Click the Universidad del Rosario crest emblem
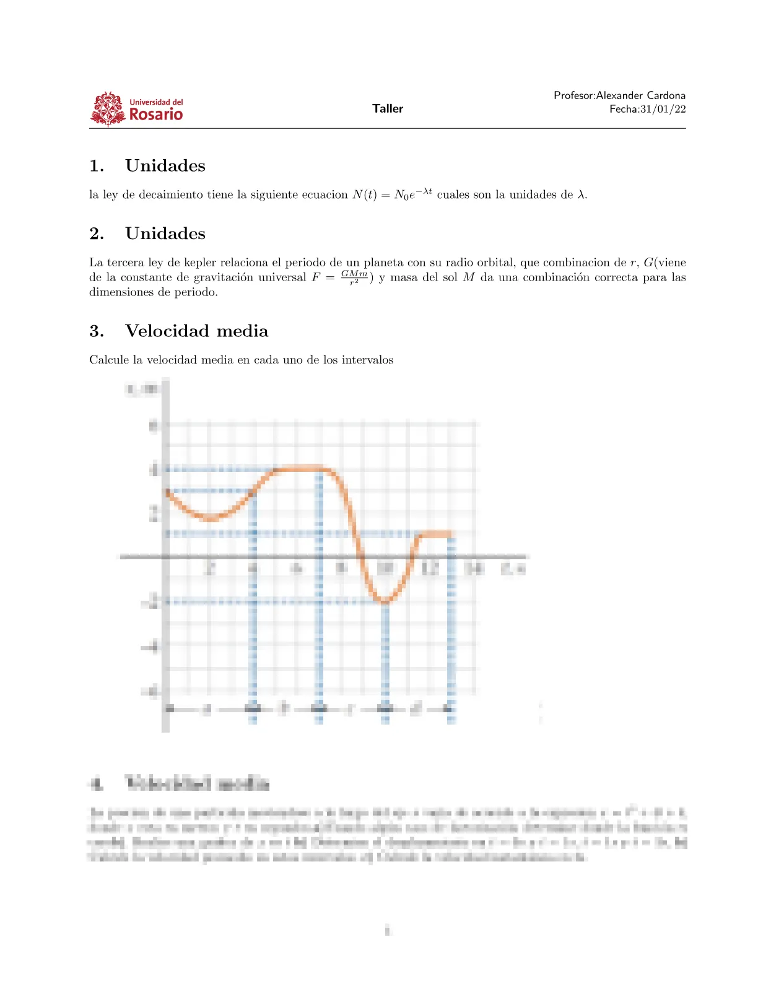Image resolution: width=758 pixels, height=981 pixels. pos(108,109)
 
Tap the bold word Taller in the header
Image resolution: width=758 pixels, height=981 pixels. pos(388,108)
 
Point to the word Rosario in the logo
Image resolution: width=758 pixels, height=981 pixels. pos(156,115)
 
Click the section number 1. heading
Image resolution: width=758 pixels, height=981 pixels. pos(97,166)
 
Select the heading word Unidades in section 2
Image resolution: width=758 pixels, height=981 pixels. pos(165,233)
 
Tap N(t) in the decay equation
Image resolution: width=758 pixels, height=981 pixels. pos(365,194)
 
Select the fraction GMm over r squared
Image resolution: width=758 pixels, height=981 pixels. pos(354,277)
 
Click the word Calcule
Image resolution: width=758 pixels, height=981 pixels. pos(110,360)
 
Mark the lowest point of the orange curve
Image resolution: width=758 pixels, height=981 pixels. pos(385,601)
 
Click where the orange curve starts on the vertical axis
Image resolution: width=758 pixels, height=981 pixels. pos(166,491)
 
